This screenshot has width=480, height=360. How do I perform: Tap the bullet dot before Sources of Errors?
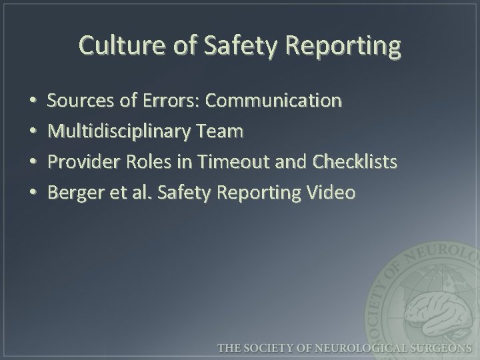pos(33,102)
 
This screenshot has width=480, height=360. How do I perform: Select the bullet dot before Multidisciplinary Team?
pos(33,133)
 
